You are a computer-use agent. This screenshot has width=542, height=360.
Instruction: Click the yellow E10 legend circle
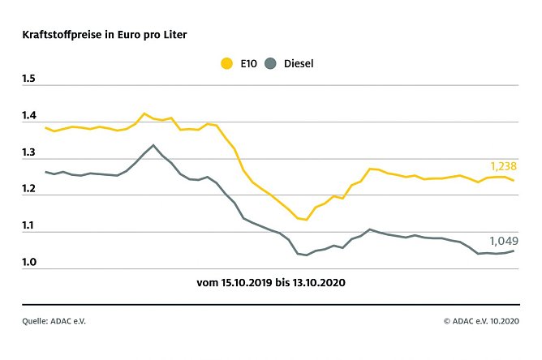tap(226, 62)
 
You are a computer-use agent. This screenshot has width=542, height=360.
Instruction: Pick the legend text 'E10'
tap(247, 62)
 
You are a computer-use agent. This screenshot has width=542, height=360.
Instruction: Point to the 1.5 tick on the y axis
tap(30, 79)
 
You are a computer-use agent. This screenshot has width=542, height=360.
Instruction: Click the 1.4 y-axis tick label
tap(30, 116)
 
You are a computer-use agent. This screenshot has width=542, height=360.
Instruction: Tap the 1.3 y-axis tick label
tap(30, 152)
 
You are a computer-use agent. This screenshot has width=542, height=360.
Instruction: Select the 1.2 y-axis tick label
tap(30, 189)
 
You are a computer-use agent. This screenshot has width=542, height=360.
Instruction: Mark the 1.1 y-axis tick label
tap(30, 226)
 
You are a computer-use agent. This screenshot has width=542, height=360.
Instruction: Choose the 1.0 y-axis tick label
tap(30, 263)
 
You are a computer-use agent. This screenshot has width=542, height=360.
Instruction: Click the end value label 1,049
tap(503, 241)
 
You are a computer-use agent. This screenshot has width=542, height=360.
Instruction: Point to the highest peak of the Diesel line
tap(153, 145)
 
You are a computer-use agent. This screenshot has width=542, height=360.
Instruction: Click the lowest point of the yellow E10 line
tap(306, 220)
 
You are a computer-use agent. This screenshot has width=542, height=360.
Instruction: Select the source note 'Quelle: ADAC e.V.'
tap(54, 321)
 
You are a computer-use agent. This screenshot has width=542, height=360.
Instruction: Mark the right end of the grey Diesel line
tap(513, 251)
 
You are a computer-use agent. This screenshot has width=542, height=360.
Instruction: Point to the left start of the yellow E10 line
tap(45, 127)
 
